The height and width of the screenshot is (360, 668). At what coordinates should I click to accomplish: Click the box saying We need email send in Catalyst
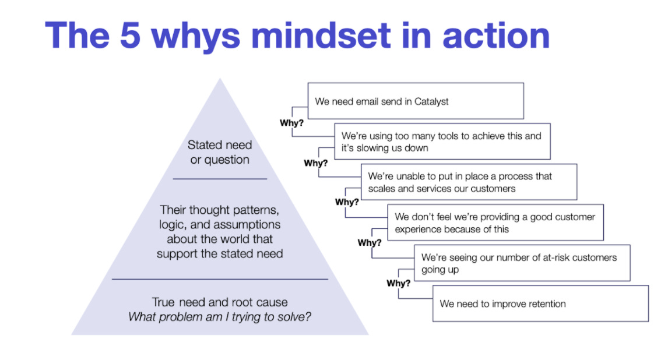[416, 101]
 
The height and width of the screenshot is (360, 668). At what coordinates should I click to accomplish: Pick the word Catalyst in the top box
[431, 101]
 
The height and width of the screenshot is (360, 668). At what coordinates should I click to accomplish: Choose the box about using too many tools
[442, 142]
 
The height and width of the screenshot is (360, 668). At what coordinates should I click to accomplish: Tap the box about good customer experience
[495, 222]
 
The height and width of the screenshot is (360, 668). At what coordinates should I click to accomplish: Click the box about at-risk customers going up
[522, 263]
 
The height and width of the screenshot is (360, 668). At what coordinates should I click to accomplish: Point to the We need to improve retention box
[540, 303]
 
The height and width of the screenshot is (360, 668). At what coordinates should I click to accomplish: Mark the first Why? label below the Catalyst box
[291, 123]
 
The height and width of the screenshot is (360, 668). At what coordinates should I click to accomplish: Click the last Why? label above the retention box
[399, 284]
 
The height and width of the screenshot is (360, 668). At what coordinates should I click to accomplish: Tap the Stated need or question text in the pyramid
[220, 152]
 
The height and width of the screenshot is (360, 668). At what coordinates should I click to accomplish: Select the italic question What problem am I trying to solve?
[220, 317]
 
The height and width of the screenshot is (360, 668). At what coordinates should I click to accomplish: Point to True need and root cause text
[220, 302]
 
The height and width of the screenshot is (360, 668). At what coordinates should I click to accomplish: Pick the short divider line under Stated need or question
[220, 179]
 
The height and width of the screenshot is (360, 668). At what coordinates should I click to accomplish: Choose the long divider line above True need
[220, 280]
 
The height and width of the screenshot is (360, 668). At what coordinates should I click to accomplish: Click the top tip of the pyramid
[220, 80]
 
